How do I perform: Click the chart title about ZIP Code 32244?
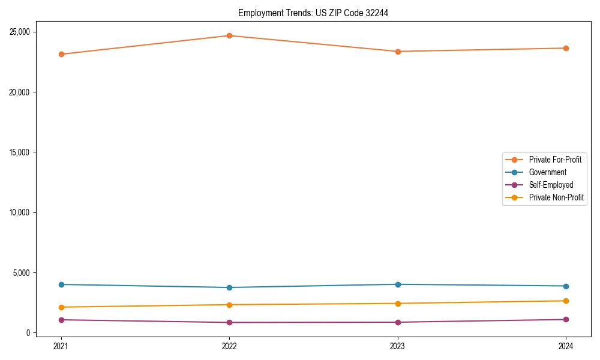coord(313,13)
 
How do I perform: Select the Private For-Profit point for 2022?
coord(229,35)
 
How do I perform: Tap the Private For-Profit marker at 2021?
coord(61,54)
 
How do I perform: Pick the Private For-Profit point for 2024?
coord(566,48)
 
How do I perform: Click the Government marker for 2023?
coord(398,284)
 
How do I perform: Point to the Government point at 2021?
coord(61,284)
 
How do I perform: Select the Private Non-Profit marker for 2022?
coord(229,305)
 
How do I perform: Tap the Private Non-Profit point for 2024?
coord(566,301)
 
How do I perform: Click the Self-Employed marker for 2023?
coord(398,322)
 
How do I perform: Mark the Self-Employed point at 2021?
coord(61,320)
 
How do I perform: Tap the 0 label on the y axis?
coord(28,333)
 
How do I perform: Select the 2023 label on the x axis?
coord(398,346)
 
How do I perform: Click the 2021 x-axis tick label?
coord(61,346)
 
